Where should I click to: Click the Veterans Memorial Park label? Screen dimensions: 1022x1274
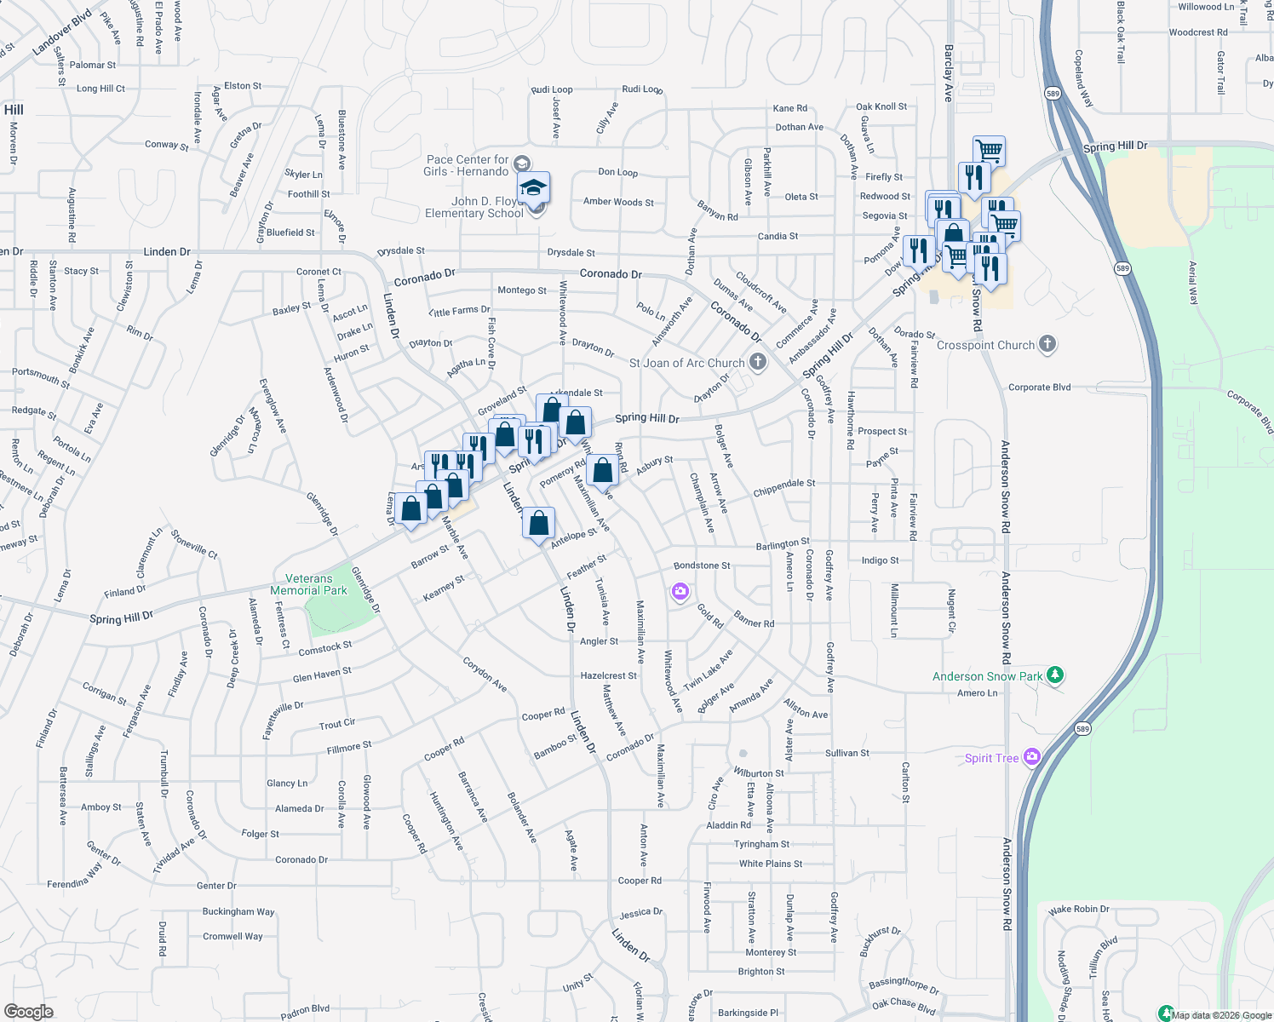(308, 584)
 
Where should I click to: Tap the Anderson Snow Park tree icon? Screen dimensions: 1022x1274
(1055, 675)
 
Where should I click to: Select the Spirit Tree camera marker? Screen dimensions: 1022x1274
(1032, 757)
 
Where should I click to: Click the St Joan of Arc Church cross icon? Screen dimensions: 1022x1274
(757, 362)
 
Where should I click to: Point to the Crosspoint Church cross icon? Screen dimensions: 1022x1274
(1047, 344)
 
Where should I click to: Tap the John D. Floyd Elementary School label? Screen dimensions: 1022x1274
(474, 208)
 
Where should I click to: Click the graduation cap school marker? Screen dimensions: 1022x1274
(534, 188)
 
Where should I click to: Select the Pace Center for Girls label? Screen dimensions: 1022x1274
(467, 165)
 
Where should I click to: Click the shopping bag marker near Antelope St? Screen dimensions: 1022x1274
(539, 523)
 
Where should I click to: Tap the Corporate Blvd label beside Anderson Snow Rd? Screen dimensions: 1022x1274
(1039, 388)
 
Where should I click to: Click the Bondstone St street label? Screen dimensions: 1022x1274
(702, 566)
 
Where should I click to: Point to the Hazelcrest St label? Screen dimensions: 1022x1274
(608, 675)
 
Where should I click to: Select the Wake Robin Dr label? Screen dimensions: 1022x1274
(1078, 910)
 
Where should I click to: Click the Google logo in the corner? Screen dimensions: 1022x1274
(28, 1011)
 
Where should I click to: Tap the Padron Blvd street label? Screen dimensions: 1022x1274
(305, 1011)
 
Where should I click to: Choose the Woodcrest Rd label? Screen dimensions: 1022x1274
(1198, 32)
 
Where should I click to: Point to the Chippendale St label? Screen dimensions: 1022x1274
(783, 488)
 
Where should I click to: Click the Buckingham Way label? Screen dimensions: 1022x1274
(238, 911)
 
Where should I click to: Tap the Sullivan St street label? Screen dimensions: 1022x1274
(846, 753)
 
